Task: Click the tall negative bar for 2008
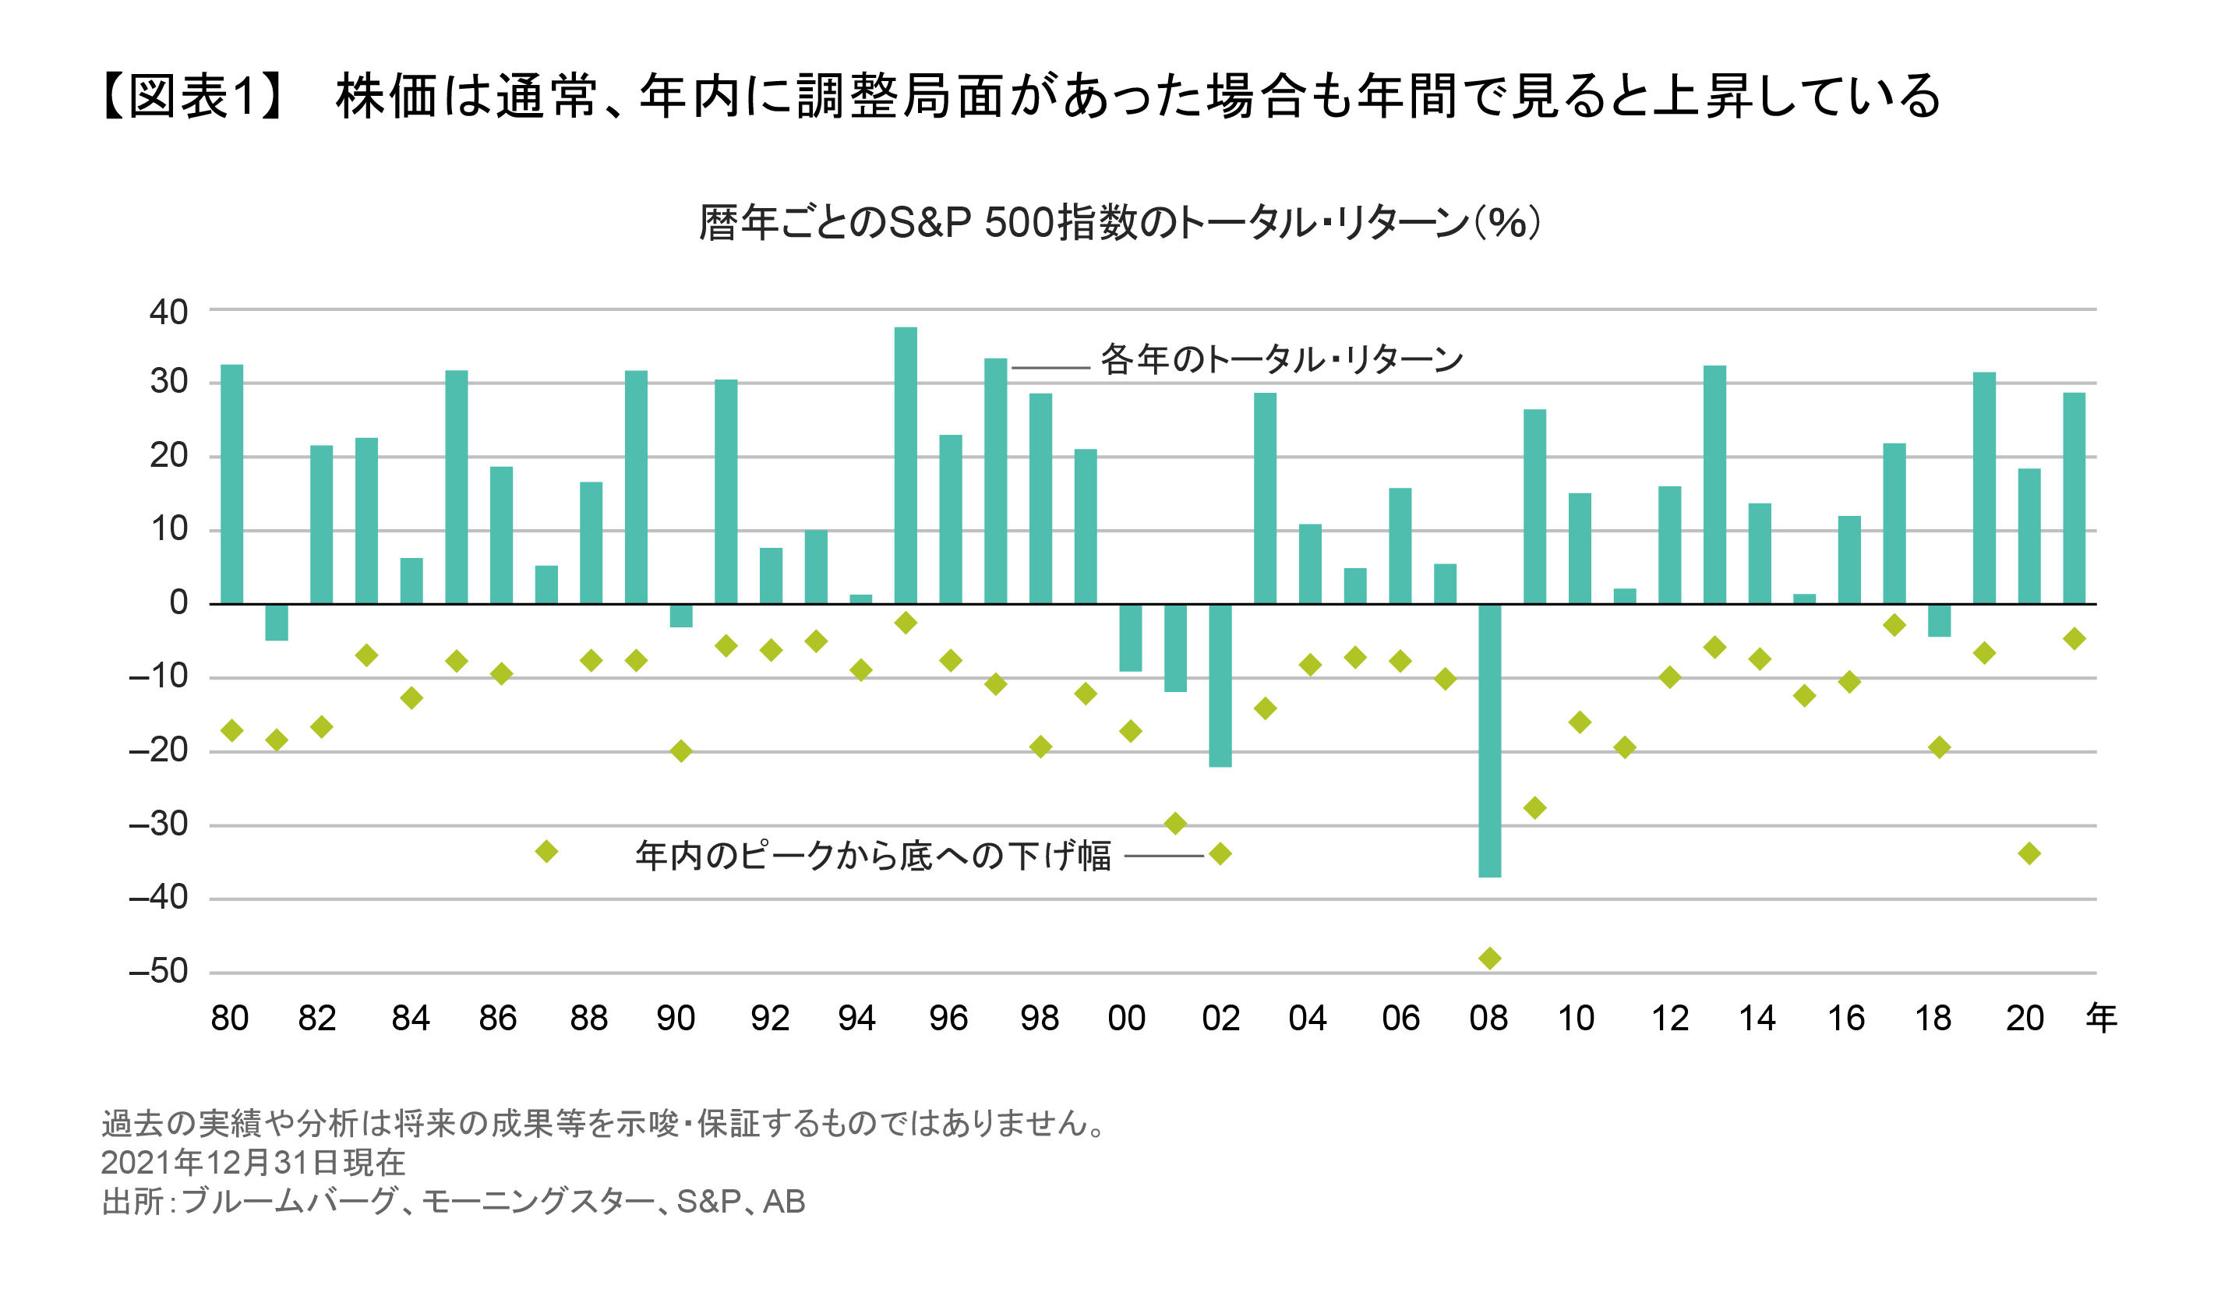[1489, 740]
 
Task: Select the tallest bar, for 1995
[905, 465]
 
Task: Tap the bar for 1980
[231, 484]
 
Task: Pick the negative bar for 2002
[1220, 685]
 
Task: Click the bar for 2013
[1714, 484]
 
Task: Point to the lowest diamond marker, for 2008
[1489, 959]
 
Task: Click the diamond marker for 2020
[2029, 853]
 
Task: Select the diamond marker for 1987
[546, 852]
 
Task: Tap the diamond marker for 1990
[680, 751]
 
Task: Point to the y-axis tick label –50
[159, 971]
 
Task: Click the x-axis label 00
[1126, 1019]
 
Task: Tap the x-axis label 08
[1488, 1019]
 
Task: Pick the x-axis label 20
[2025, 1019]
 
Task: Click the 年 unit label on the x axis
[2101, 1019]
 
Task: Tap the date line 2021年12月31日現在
[253, 1163]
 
